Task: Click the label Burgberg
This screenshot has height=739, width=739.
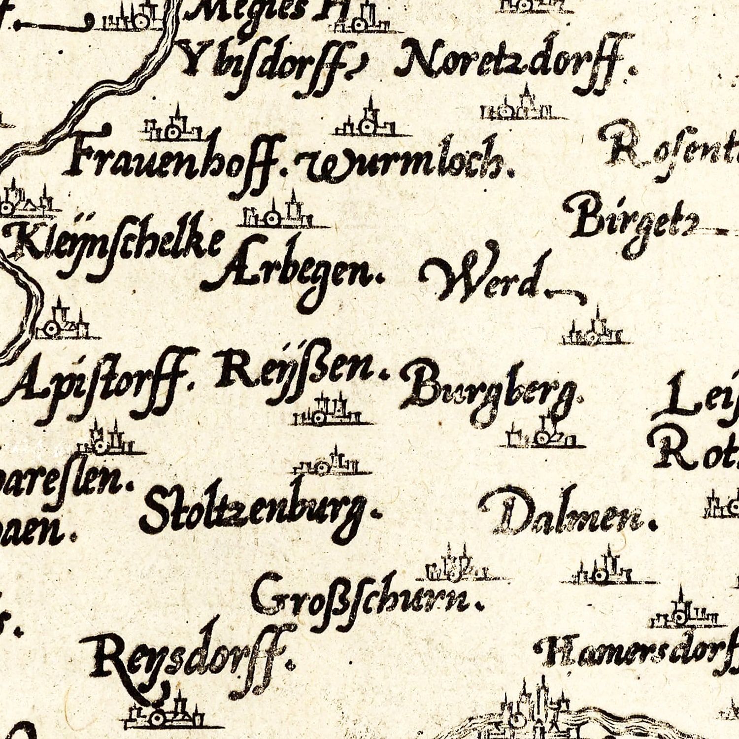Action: tap(490, 392)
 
